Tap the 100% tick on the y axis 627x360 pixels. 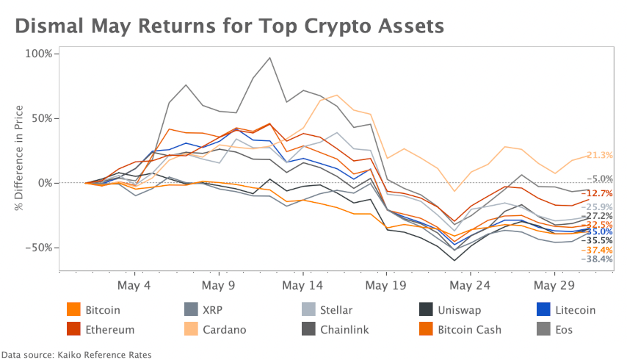pos(37,54)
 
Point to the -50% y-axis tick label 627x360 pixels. pos(37,248)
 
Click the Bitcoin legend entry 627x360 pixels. pos(102,310)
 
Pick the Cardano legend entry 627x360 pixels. pos(225,329)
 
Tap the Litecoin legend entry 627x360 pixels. pos(576,310)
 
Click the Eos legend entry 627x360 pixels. pos(566,329)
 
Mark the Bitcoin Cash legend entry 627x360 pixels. pos(469,329)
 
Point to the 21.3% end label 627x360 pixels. pos(600,155)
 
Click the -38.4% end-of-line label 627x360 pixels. pos(598,259)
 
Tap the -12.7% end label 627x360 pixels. pos(598,193)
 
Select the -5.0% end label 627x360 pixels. pos(601,179)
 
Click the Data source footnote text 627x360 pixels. pos(76,354)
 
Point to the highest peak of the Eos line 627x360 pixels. pos(269,57)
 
